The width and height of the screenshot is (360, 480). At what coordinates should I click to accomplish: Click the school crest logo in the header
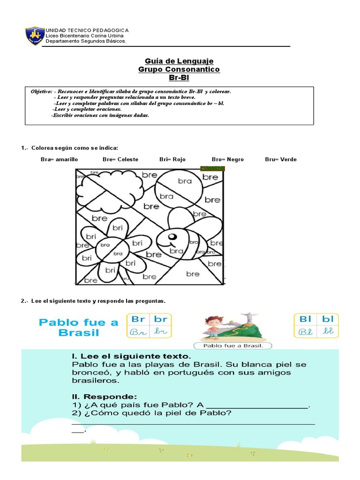(x=34, y=36)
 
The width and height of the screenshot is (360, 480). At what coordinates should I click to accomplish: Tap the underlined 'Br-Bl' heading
(x=179, y=78)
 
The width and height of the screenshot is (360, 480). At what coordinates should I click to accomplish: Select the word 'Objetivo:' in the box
(x=41, y=91)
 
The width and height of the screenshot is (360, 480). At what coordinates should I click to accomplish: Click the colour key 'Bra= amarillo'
(x=59, y=159)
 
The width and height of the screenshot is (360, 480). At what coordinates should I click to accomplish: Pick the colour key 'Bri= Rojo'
(x=172, y=159)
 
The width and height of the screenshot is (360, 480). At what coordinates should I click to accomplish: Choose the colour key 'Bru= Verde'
(x=280, y=159)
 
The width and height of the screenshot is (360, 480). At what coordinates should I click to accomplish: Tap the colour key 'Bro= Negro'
(x=227, y=159)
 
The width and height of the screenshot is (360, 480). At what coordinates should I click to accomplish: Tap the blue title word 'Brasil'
(x=79, y=333)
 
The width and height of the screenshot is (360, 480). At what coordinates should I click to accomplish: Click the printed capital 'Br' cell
(x=138, y=319)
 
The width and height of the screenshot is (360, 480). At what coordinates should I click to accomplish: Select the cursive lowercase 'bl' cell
(x=328, y=331)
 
